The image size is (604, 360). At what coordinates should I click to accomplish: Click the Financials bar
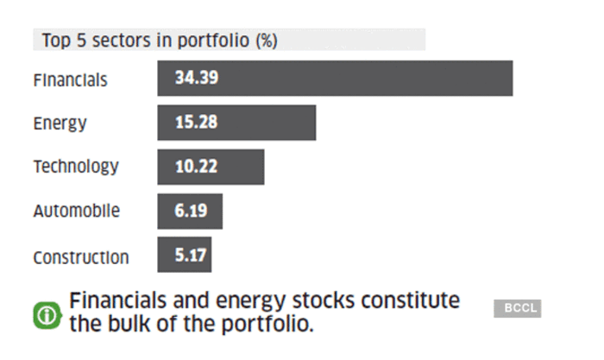[x=335, y=79]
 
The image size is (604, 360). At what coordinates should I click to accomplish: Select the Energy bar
[x=236, y=123]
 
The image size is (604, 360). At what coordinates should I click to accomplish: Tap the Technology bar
[x=211, y=167]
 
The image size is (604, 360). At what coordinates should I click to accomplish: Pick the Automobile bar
[x=190, y=211]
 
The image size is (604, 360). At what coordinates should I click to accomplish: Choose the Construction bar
[x=184, y=255]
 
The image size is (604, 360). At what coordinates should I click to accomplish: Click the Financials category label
[x=71, y=80]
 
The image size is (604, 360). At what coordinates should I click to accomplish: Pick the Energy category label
[x=60, y=123]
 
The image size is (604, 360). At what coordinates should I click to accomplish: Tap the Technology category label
[x=76, y=167]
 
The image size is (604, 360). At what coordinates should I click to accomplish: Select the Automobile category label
[x=77, y=211]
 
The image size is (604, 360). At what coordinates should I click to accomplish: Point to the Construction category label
[x=81, y=257]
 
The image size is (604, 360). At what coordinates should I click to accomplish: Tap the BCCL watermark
[x=517, y=308]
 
